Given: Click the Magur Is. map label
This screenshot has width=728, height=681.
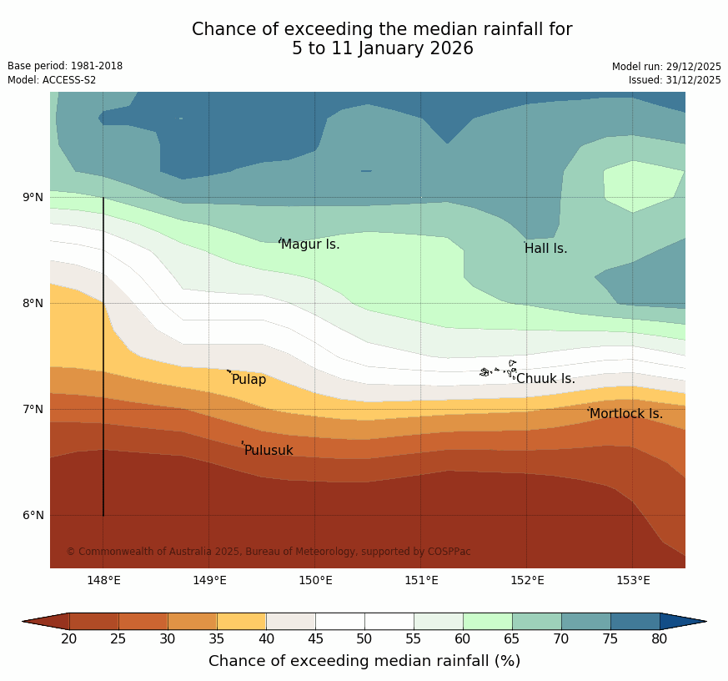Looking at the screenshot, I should (x=310, y=245).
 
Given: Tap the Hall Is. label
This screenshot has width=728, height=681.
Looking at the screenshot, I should (x=545, y=249).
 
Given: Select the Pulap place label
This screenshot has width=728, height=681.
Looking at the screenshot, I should (x=249, y=380).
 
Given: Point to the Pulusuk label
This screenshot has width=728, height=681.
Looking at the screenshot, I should (x=269, y=451).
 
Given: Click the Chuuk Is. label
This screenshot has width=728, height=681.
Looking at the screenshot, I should (x=545, y=379).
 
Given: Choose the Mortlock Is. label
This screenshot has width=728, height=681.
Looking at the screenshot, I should (x=625, y=414).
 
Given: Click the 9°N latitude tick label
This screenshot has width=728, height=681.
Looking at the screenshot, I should (x=33, y=198).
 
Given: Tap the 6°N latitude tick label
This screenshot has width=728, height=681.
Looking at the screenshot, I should (x=33, y=516).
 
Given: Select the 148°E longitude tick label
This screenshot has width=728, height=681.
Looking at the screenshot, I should (x=103, y=581).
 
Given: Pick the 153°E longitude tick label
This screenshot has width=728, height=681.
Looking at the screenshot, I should (x=633, y=581).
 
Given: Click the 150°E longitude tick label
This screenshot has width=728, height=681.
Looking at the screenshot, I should (x=315, y=581).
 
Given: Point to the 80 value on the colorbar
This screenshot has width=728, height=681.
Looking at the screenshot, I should (x=659, y=639).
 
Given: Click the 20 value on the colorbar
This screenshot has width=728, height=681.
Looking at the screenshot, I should (x=69, y=639).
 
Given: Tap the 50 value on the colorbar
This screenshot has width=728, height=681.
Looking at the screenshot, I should (x=364, y=639).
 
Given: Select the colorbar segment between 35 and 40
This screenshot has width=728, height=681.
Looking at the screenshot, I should (x=242, y=621).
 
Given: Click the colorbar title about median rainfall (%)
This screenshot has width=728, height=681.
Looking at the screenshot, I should (x=364, y=661).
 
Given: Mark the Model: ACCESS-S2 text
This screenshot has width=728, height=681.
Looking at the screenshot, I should (x=52, y=80).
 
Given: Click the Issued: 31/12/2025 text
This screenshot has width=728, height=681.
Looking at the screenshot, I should (x=675, y=80).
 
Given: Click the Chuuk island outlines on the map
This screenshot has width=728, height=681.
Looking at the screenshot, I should (x=498, y=371).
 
